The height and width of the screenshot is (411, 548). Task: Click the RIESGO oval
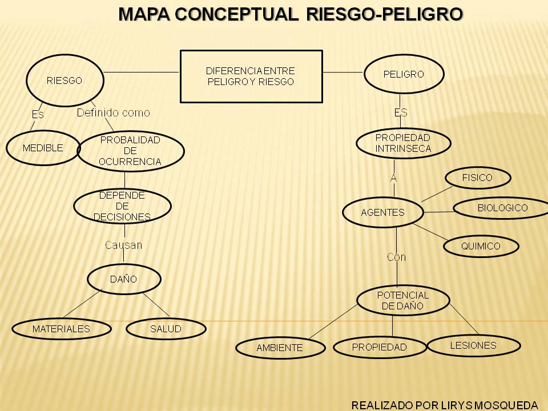click(65, 80)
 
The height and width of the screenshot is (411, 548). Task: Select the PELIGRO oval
click(404, 74)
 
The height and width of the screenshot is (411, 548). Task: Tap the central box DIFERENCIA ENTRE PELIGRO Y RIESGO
click(251, 76)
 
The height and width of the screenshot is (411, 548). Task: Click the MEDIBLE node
click(43, 148)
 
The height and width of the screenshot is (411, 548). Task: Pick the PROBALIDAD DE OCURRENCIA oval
click(131, 151)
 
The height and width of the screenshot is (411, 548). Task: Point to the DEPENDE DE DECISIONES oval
click(123, 206)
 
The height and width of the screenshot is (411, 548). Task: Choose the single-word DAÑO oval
click(124, 279)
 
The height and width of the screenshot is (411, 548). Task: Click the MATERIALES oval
click(62, 329)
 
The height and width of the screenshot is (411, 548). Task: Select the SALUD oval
click(166, 329)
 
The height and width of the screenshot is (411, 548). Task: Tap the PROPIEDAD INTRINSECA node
click(403, 143)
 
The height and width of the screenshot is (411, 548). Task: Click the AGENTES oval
click(383, 213)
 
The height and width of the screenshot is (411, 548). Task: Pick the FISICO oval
click(477, 178)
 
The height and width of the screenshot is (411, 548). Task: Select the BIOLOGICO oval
click(502, 208)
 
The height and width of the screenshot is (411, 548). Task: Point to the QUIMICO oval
click(481, 247)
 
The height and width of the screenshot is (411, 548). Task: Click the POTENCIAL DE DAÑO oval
click(403, 300)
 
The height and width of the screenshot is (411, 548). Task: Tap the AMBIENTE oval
click(280, 347)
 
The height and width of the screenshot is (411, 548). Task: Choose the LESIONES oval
click(473, 345)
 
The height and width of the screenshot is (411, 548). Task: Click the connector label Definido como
click(114, 113)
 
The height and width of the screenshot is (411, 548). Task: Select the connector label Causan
click(123, 245)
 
